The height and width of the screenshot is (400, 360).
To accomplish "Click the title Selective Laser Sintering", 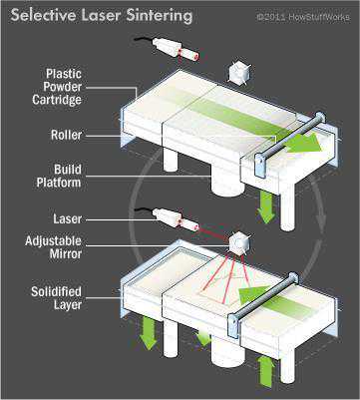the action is (x=102, y=16).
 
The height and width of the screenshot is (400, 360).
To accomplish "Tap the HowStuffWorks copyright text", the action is (x=303, y=17).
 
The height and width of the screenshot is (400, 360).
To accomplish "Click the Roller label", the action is (x=66, y=135).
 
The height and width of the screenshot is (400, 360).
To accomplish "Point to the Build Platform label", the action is (x=59, y=176).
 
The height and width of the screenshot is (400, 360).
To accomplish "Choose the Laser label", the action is (x=68, y=219).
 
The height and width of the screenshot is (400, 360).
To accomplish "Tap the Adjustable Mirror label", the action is (x=54, y=247).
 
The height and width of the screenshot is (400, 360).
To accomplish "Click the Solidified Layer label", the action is (x=57, y=298).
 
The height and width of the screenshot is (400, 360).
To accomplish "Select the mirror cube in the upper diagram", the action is (x=239, y=73).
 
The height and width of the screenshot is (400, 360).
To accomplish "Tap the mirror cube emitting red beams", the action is (x=239, y=243).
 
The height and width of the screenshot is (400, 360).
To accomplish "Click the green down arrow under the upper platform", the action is (x=266, y=206).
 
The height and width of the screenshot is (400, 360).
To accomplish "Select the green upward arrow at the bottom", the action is (x=266, y=372).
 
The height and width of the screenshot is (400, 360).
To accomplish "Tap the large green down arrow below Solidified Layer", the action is (x=149, y=333).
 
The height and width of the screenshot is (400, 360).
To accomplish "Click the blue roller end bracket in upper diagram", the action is (x=260, y=165).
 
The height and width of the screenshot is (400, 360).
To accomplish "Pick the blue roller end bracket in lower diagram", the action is (x=233, y=326).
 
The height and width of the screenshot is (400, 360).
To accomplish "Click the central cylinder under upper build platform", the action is (x=227, y=183).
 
